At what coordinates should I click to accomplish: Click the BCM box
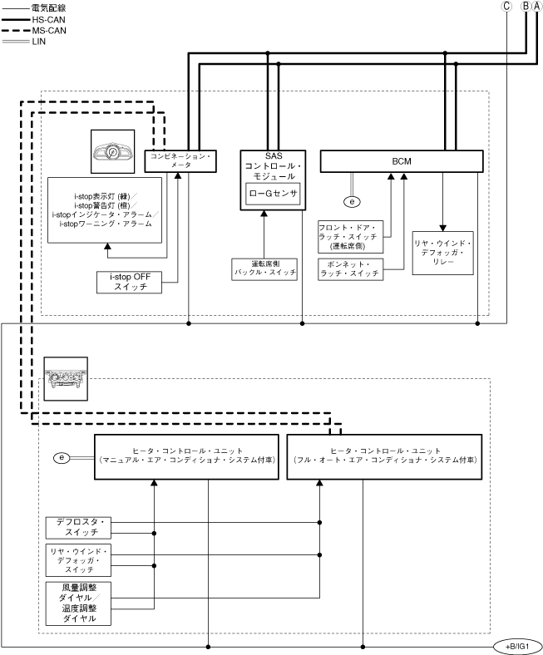(401, 160)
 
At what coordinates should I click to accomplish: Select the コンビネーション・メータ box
(181, 160)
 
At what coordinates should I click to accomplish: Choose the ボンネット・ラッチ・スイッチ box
(350, 269)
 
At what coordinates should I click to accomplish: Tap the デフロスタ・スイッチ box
(77, 526)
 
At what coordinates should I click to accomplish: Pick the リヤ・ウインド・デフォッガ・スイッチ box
(77, 559)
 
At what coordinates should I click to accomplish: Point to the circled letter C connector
(506, 6)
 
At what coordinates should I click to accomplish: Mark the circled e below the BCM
(353, 200)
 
